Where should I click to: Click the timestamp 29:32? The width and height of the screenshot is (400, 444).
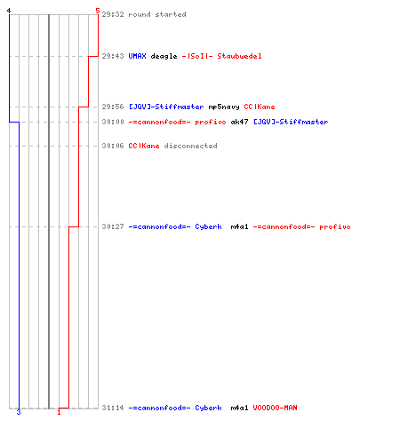(113, 14)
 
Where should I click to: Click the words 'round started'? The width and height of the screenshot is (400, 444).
(157, 14)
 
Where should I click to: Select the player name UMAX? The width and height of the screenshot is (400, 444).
(137, 56)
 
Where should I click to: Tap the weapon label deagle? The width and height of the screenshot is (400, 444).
(164, 57)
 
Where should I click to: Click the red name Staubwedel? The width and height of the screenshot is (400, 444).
(239, 56)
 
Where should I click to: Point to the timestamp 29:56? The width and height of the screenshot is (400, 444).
(113, 107)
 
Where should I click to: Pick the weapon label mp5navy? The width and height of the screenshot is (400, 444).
(224, 107)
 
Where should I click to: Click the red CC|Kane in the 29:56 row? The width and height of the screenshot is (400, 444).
(260, 107)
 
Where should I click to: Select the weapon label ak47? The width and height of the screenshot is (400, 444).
(239, 122)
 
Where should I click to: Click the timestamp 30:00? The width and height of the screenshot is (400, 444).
(113, 122)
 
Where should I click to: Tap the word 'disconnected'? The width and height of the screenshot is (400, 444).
(190, 146)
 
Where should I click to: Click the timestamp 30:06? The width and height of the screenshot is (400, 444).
(113, 146)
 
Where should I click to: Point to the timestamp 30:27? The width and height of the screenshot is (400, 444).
(113, 226)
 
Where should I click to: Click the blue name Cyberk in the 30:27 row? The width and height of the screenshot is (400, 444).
(208, 227)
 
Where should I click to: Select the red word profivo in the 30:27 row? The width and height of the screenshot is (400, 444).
(335, 227)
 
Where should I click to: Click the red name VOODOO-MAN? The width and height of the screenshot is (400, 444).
(275, 408)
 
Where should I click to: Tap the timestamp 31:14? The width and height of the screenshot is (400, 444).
(113, 408)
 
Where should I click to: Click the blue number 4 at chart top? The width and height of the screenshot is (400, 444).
(9, 11)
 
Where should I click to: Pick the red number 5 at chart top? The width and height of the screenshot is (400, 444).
(98, 11)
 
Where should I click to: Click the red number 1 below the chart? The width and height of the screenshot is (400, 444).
(59, 412)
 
